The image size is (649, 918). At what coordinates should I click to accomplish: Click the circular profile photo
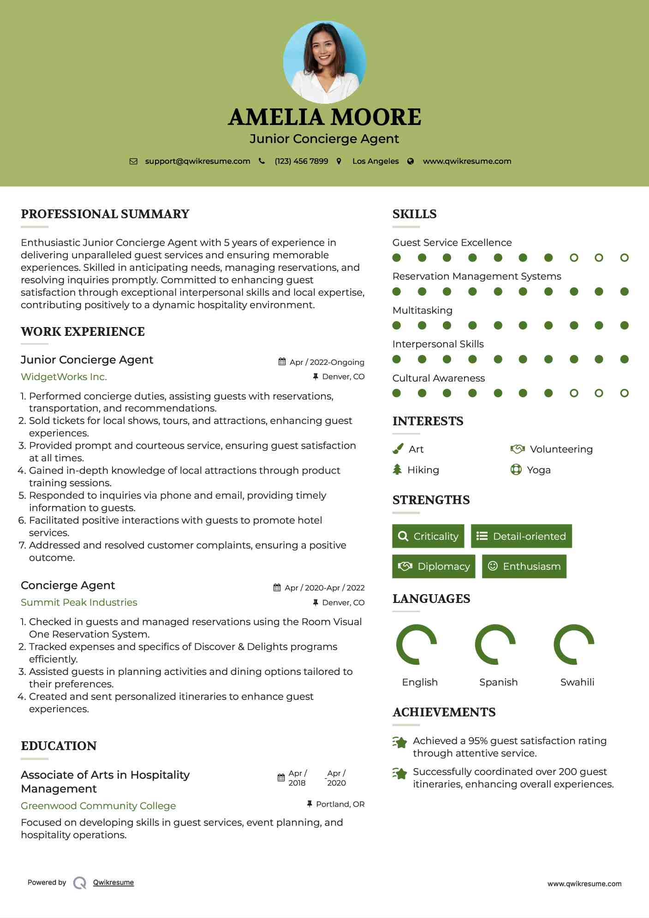(324, 62)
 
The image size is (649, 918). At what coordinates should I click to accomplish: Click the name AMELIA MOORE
(324, 117)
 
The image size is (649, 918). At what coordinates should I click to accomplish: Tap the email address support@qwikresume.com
(197, 161)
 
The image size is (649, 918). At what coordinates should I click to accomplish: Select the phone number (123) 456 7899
(301, 161)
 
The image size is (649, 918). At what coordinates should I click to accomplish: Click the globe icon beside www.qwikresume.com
(411, 161)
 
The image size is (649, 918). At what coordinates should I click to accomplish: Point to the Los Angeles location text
(375, 161)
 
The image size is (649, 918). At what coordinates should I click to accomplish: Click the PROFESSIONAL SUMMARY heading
(105, 214)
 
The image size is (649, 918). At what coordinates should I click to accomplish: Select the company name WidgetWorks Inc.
(64, 377)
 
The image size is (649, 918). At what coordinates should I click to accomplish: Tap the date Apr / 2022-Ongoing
(327, 362)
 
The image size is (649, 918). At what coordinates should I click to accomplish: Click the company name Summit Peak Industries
(79, 602)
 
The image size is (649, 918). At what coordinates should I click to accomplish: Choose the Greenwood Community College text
(98, 806)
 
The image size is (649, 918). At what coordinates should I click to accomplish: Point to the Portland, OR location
(340, 804)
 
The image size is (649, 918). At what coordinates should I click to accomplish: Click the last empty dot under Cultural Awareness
(624, 393)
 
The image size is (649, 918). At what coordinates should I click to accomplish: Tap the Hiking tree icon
(397, 470)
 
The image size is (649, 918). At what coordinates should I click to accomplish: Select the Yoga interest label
(539, 470)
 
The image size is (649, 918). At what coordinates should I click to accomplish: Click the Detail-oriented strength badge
(521, 536)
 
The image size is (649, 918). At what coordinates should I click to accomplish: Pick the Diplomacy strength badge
(434, 566)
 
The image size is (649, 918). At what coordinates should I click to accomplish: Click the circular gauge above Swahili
(574, 644)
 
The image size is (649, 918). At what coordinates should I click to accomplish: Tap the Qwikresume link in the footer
(113, 882)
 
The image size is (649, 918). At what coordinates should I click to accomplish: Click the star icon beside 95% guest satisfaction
(400, 742)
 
